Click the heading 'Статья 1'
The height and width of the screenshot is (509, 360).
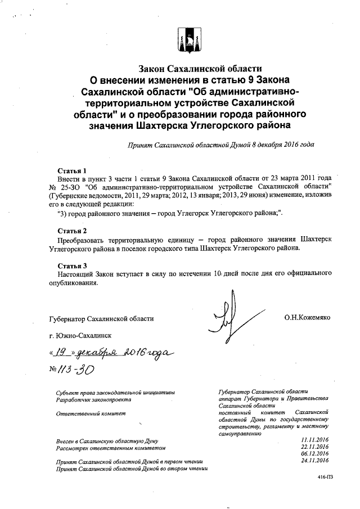point(73,170)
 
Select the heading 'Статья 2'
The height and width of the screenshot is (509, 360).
point(73,231)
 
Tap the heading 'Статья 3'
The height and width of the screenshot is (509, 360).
point(73,265)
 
